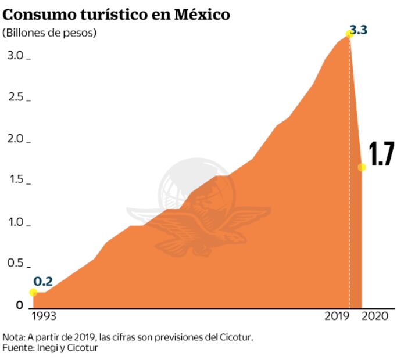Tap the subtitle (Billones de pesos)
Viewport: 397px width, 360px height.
click(49, 33)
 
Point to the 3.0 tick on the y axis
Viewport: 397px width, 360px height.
click(15, 56)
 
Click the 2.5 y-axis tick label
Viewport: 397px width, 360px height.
click(15, 97)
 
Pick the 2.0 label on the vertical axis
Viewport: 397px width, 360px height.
click(15, 139)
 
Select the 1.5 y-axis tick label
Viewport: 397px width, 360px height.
click(15, 181)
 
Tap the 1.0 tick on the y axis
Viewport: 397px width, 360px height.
click(15, 223)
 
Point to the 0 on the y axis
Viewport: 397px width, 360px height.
click(19, 305)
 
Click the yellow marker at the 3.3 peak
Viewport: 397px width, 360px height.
click(349, 34)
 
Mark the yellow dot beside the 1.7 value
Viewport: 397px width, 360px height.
click(362, 167)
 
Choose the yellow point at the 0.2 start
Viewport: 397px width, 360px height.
click(33, 292)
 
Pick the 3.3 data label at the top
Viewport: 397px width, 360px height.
click(358, 29)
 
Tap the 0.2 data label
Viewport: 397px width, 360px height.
click(43, 282)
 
